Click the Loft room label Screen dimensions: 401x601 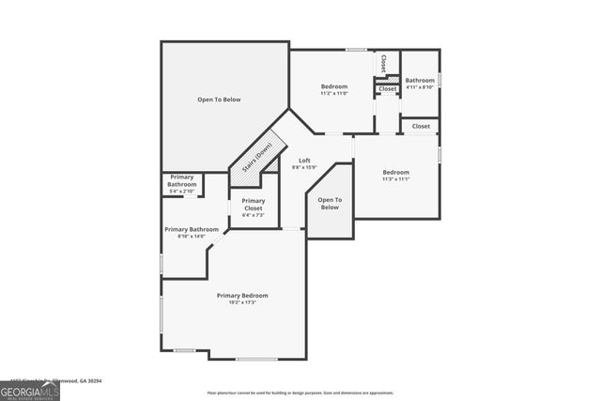tap(304, 161)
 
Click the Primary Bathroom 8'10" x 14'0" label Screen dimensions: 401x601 tap(191, 230)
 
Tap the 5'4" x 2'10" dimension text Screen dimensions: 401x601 tap(181, 191)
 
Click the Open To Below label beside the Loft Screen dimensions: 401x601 tap(329, 203)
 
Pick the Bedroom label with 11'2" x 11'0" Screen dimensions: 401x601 tap(333, 86)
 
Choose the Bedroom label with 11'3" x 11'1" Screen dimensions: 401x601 tap(395, 172)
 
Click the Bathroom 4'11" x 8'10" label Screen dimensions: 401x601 tap(420, 81)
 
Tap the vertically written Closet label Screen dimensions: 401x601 tap(383, 63)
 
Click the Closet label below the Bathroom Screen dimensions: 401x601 tap(421, 126)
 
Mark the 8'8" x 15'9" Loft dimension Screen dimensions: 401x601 tap(304, 167)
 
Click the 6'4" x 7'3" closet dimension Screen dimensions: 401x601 tap(253, 215)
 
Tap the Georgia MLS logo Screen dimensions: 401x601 tap(30, 391)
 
